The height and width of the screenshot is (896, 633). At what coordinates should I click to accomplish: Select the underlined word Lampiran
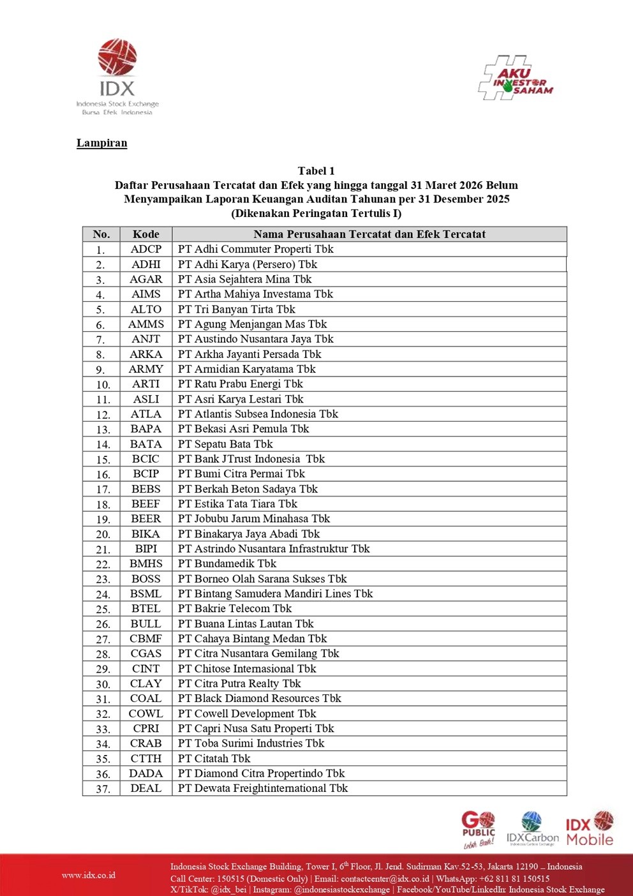point(102,143)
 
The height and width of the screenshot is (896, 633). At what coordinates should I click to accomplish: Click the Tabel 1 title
point(316,171)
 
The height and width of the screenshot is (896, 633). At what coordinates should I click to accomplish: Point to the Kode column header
point(146,234)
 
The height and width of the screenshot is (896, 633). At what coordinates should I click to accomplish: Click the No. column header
point(101,234)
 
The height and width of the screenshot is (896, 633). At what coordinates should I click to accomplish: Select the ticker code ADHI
point(146,264)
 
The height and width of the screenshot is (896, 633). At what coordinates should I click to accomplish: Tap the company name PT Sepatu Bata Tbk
point(225,444)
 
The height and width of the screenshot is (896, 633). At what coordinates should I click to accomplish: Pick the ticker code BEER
point(146,519)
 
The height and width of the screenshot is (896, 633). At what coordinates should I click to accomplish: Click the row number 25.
point(103,609)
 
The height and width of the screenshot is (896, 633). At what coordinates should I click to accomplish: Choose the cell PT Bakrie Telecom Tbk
point(235,609)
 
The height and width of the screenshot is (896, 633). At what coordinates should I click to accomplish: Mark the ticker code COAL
point(146,699)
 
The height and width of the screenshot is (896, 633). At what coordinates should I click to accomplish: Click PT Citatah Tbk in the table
point(214,759)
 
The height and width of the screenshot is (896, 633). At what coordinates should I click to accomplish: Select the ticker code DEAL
point(146,789)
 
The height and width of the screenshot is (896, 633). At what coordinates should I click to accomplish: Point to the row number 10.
point(103,385)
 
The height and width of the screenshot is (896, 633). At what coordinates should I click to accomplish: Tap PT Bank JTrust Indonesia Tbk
point(251,459)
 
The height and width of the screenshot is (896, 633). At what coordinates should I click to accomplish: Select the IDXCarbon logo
point(532,829)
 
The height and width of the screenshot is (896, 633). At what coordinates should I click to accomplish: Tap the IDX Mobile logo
point(590,829)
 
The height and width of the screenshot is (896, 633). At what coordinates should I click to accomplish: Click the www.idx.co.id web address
point(89,875)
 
